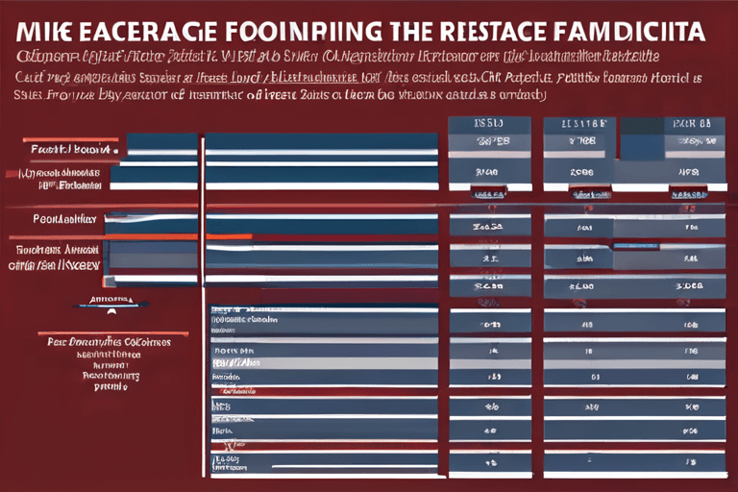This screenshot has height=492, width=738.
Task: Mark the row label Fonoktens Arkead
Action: [56, 249]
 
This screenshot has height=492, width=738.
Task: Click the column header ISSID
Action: [489, 124]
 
